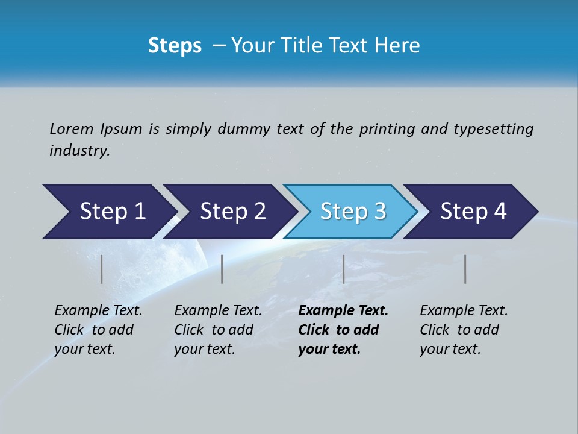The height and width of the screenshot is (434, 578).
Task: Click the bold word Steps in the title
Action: tap(175, 46)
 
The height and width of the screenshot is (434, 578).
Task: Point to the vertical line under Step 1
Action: tap(102, 269)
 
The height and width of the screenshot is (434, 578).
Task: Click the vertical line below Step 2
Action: tap(222, 269)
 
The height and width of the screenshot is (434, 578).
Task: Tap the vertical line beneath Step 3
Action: tap(343, 269)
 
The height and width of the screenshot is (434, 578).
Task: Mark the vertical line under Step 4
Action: tap(465, 269)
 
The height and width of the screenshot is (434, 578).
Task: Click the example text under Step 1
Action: tap(98, 330)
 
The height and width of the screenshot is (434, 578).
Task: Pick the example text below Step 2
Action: tap(217, 330)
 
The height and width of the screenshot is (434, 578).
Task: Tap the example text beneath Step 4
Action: tap(463, 330)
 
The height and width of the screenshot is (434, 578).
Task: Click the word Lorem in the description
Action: tap(72, 129)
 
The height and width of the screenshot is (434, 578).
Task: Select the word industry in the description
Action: tap(79, 151)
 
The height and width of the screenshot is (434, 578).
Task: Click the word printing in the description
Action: tap(387, 129)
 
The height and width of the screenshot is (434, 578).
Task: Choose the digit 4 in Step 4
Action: tap(499, 212)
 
